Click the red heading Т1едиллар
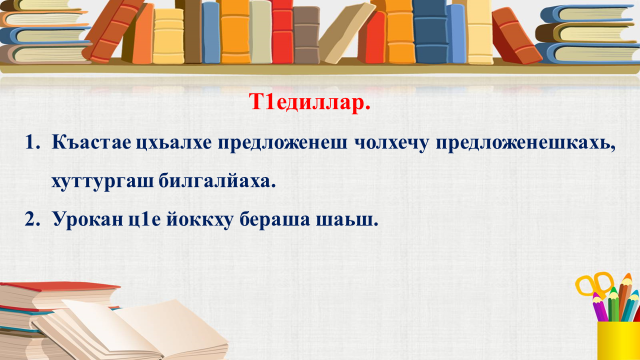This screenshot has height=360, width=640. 310,102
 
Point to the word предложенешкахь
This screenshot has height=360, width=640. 525,144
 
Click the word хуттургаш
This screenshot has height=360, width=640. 102,181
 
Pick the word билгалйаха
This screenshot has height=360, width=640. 217,180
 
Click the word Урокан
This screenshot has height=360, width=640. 88,220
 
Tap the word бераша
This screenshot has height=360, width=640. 275,220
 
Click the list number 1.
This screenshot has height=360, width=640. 32,143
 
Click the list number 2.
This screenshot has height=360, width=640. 32,220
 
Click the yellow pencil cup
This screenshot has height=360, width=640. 618,340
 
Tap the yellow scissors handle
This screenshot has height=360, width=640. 594,284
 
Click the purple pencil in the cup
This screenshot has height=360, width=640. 600,307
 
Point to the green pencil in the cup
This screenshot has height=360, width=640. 613,304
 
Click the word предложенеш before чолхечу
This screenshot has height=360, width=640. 282,144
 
